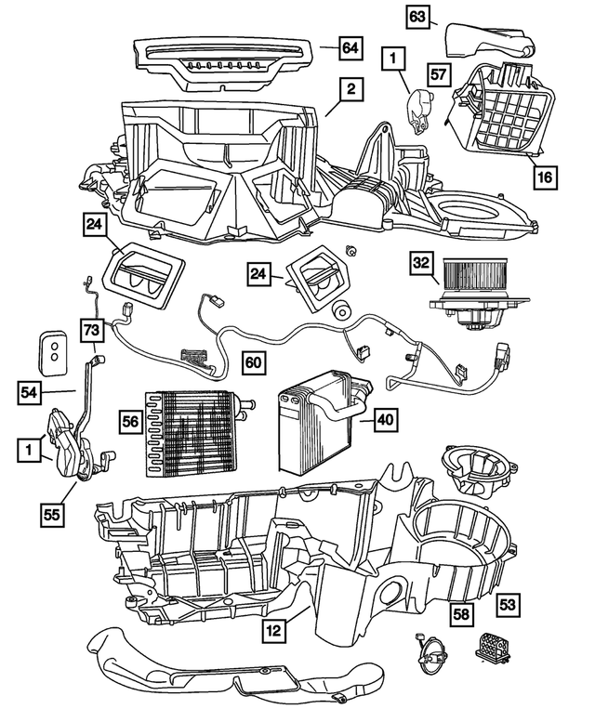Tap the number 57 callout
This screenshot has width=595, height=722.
pyautogui.click(x=440, y=72)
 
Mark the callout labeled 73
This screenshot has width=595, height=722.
pyautogui.click(x=90, y=330)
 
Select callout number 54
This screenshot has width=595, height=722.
pyautogui.click(x=31, y=394)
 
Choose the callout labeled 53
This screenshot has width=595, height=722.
pyautogui.click(x=508, y=604)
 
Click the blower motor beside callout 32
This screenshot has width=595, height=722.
pyautogui.click(x=474, y=288)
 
